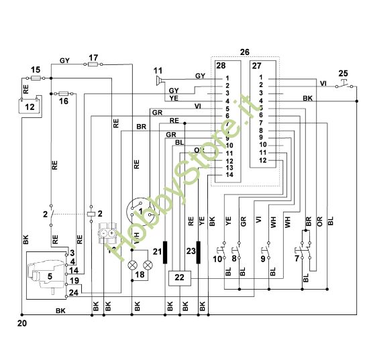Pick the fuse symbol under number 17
[x=93, y=65]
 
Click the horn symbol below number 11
[x=159, y=81]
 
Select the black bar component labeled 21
[x=165, y=253]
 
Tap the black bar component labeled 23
[x=199, y=253]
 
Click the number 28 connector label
[x=221, y=65]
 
